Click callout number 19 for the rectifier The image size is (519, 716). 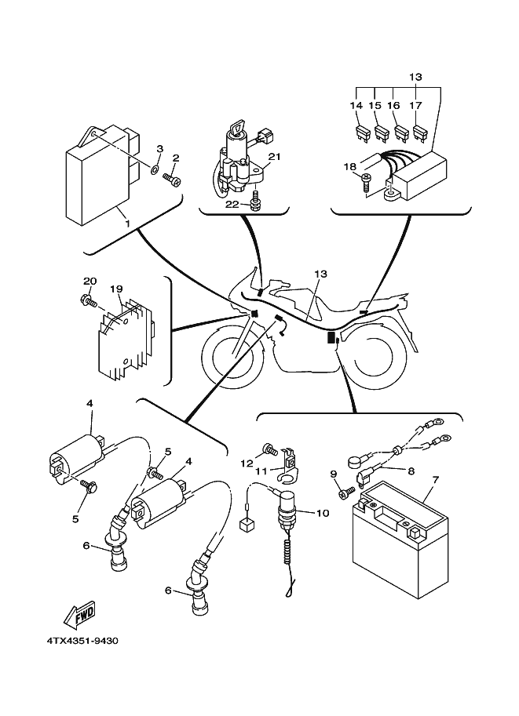tap(116, 289)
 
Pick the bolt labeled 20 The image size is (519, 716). tap(87, 299)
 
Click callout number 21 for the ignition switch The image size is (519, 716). tap(274, 158)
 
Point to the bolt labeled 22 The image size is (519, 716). tap(257, 206)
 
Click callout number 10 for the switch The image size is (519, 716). tap(321, 514)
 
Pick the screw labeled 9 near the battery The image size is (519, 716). tap(345, 493)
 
